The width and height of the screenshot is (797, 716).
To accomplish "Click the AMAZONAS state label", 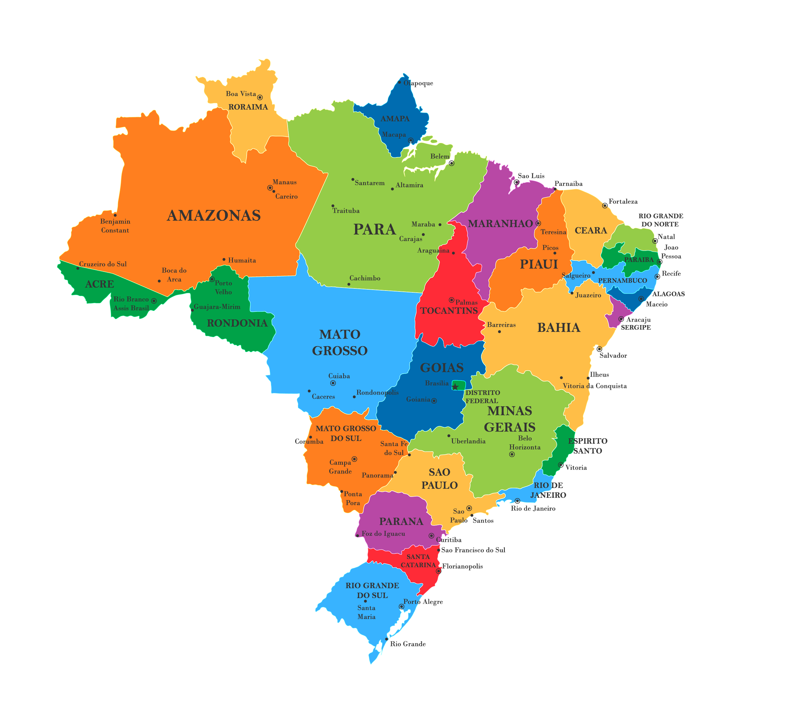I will (x=214, y=215).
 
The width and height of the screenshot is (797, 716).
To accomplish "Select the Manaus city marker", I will (x=270, y=188).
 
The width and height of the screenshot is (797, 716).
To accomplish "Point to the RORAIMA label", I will (x=248, y=107).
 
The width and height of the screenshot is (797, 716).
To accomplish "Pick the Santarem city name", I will (x=370, y=183).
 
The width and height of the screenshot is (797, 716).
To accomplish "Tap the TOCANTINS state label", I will (x=449, y=311).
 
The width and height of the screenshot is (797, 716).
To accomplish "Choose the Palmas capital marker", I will (x=451, y=300).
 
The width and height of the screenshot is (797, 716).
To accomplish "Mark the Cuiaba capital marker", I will (x=333, y=383).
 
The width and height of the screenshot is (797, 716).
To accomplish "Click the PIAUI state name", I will (x=539, y=264).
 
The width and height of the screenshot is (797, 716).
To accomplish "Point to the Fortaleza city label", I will (x=623, y=201).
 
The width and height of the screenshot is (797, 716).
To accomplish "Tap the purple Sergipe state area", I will (x=613, y=315).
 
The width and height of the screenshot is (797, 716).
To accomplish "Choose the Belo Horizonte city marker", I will (x=512, y=454).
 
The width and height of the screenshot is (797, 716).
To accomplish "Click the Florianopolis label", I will (x=462, y=566).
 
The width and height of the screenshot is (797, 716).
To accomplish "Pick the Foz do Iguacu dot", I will (x=357, y=535).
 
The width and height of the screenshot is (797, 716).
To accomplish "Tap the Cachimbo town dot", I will (x=349, y=284).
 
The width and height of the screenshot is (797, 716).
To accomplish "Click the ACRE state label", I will (x=100, y=284).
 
